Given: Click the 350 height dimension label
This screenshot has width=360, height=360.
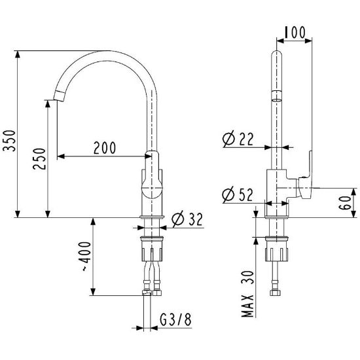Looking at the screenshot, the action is tap(9, 141).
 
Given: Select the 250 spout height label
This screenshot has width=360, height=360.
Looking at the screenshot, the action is tap(39, 159).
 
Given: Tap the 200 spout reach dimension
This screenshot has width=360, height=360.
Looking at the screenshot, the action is tap(105, 148).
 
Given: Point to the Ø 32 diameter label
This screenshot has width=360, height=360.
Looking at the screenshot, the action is tap(187, 219).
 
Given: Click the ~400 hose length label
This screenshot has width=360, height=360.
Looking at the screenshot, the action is tap(86, 256).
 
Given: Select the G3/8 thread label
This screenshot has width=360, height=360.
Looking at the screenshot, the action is tap(175, 319).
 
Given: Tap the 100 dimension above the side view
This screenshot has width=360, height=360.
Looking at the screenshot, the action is tap(295, 32).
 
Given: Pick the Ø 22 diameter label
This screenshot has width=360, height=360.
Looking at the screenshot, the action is tap(238, 139).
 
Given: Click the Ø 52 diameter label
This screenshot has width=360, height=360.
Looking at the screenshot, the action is tap(238, 194).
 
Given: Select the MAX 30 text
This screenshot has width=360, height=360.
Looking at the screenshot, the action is tap(248, 294).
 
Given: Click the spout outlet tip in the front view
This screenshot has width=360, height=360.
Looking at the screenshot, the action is tap(59, 96).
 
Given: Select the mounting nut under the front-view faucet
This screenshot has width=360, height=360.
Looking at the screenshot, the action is tap(152, 249).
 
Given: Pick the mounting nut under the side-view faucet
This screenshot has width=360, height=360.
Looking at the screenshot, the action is tap(276, 249).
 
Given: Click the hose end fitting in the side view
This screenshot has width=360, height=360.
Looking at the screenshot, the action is tap(275, 293).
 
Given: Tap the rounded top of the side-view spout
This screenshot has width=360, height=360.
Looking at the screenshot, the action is tap(276, 54).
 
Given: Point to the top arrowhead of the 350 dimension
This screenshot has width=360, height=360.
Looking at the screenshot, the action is tap(18, 54).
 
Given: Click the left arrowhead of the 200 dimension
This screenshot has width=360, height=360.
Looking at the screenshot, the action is tap(61, 156).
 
